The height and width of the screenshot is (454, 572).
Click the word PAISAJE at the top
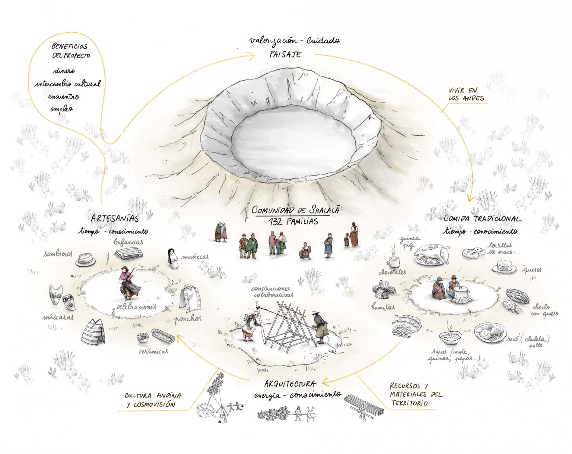tap(285, 54)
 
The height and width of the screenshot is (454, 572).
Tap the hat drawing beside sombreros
tap(85, 260)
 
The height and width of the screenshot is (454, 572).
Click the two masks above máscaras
tap(62, 297)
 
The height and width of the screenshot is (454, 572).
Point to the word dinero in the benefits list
tap(64, 70)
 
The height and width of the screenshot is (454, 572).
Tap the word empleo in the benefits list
tap(62, 109)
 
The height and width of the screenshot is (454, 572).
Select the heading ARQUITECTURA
tap(290, 384)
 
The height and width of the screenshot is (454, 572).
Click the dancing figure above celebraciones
tap(128, 283)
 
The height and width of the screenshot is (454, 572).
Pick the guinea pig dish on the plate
tap(432, 255)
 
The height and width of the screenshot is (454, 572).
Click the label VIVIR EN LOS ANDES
tap(466, 94)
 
